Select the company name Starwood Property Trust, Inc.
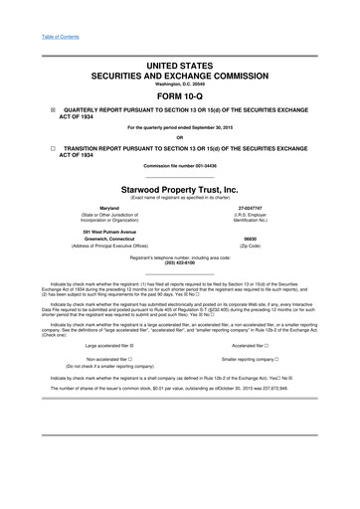(x=180, y=186)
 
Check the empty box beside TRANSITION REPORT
(x=39, y=146)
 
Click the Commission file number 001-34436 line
(x=180, y=164)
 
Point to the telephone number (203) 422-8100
(x=180, y=262)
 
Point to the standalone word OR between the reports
(x=180, y=137)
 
